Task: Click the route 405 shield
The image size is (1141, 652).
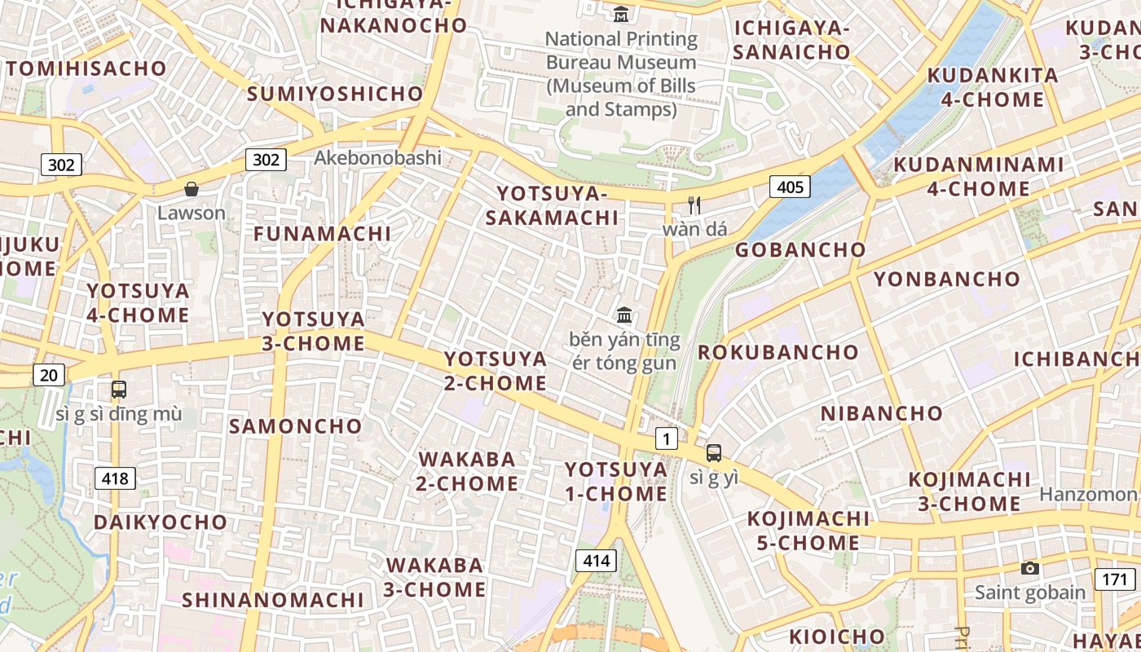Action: point(790,187)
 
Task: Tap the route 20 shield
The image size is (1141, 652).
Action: point(49,375)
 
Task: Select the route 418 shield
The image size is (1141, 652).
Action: point(115,478)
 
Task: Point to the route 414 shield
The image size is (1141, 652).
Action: point(597,561)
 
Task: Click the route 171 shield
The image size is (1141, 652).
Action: point(1114,579)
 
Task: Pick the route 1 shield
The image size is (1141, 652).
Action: point(667,439)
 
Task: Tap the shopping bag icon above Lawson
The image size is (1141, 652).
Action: point(192,189)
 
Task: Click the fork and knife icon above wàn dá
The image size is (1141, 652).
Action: point(694,205)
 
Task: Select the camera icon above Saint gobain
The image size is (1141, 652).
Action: point(1030,568)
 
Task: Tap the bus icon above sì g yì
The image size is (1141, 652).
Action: point(714,453)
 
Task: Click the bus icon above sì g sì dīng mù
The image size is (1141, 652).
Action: point(119,390)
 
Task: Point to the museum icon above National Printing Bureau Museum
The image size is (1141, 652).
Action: point(621,14)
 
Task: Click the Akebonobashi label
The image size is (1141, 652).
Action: point(377,157)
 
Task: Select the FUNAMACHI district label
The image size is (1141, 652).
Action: point(322,234)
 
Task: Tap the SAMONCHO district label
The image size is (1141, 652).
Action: point(295,426)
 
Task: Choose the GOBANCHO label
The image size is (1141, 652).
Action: point(800,250)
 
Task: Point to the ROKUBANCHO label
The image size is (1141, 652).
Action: point(778,353)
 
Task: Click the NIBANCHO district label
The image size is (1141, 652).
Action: point(881,413)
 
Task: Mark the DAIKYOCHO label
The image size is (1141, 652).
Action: point(161,522)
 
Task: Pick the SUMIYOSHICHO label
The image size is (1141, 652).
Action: point(335,94)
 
